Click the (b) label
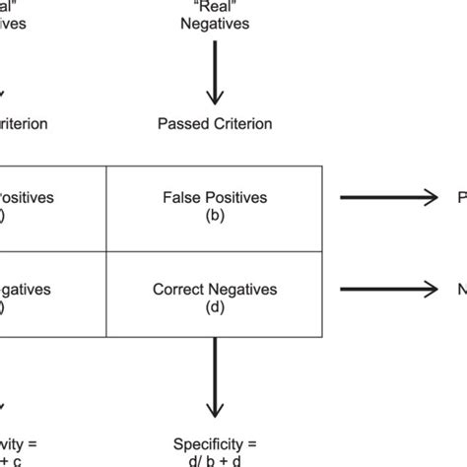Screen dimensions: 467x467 tap(214, 214)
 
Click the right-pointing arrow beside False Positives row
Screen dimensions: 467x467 tap(388, 198)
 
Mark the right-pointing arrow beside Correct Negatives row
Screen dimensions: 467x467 tap(388, 290)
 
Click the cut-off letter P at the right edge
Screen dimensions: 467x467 tap(461, 198)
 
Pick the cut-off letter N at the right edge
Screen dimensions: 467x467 tap(461, 290)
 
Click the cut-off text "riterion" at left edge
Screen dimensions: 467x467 tap(22, 124)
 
